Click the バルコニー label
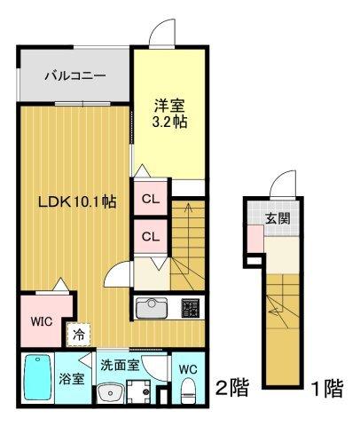(x=75, y=75)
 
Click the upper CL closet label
(x=151, y=200)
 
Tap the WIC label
(x=39, y=319)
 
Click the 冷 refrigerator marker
(x=79, y=335)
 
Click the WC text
(x=188, y=368)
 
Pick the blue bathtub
(x=38, y=378)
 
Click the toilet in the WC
(x=188, y=391)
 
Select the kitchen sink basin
(x=151, y=309)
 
